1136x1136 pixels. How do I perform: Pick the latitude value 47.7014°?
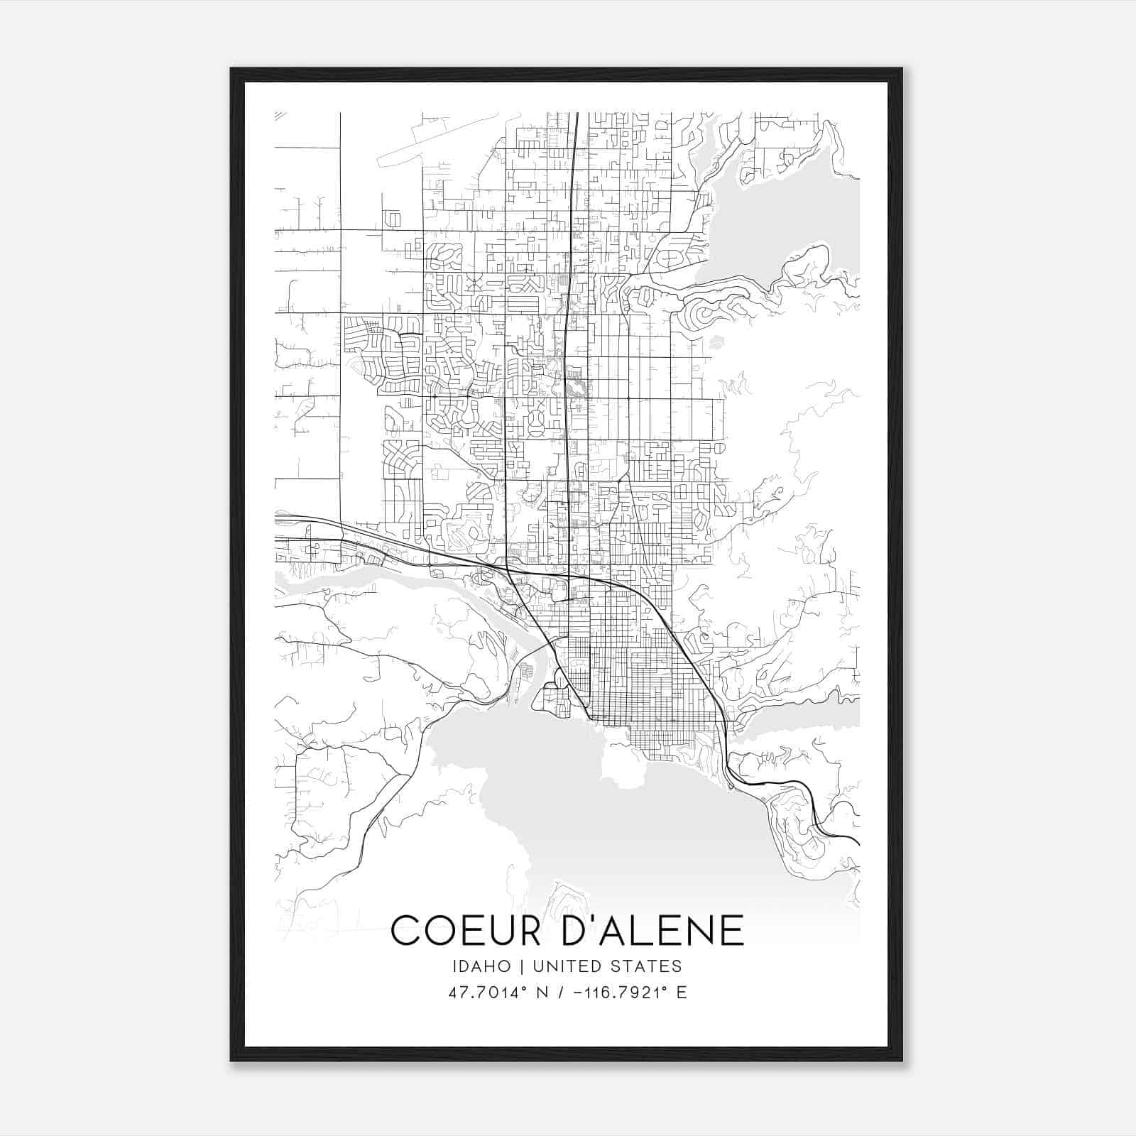tap(481, 993)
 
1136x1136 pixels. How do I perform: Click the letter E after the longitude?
tap(682, 993)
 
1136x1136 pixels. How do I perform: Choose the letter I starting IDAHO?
tap(453, 966)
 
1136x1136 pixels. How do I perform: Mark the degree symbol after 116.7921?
tap(665, 988)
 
